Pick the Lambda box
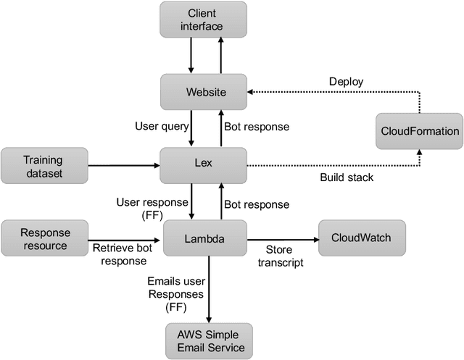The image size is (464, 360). coord(203,238)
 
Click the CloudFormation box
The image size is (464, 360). coord(420,131)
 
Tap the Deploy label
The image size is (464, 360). coord(347,83)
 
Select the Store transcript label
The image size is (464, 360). coord(280,256)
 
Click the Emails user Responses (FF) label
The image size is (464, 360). coord(175,292)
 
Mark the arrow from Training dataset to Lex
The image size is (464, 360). coord(123,165)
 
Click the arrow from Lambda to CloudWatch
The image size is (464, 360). coord(283,238)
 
